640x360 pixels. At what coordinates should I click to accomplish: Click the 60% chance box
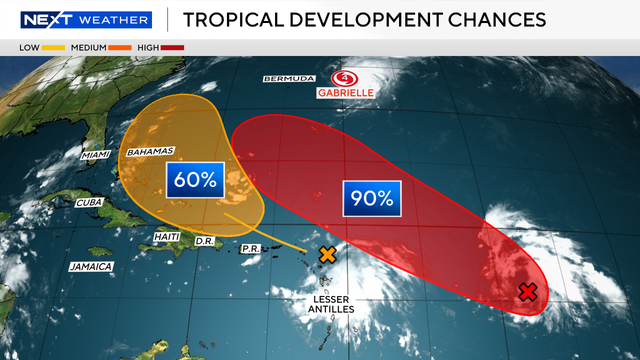194,182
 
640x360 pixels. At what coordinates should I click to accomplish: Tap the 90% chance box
371,198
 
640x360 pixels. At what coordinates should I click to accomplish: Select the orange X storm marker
327,254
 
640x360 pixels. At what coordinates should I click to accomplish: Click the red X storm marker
529,292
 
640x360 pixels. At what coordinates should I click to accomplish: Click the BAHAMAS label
149,151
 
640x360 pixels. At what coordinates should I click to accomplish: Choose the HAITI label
166,236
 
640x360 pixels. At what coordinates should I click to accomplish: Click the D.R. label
205,241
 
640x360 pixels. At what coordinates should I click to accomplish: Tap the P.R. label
251,247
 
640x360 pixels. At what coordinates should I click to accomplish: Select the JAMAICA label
91,266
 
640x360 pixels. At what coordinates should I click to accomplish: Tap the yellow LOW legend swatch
53,46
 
